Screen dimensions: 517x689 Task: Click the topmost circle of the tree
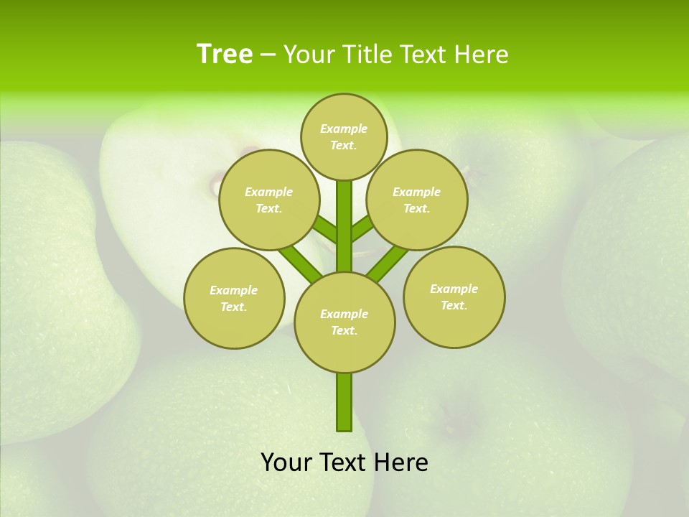(344, 136)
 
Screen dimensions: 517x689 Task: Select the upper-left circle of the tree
(268, 200)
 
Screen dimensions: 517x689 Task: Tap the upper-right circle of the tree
(417, 200)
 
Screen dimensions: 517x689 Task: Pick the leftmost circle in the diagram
(234, 298)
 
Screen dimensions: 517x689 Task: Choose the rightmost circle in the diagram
(454, 297)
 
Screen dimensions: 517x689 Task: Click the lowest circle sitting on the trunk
(344, 322)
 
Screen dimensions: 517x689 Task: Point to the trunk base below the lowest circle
(344, 402)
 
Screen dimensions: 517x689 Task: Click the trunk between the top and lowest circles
(344, 226)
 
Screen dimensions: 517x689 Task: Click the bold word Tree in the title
(225, 54)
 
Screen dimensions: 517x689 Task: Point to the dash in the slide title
(268, 55)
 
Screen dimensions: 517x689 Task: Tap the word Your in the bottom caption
(287, 462)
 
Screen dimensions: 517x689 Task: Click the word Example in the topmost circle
(344, 129)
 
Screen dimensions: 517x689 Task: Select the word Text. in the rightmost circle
(454, 305)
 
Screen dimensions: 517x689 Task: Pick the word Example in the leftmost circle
(233, 290)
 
